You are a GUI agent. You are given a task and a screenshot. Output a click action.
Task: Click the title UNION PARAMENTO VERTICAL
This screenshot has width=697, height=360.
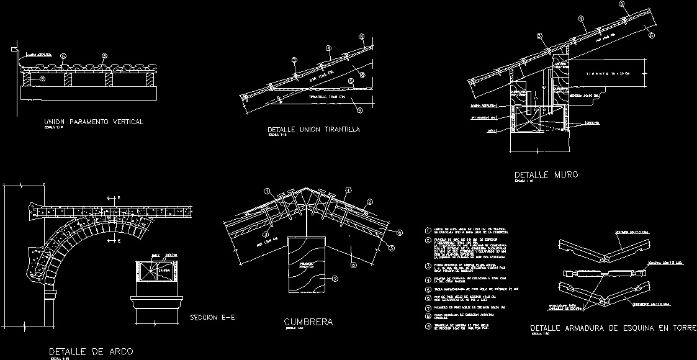[x=94, y=122]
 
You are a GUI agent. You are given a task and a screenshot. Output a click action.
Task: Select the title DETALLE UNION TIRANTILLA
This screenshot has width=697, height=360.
[x=313, y=130]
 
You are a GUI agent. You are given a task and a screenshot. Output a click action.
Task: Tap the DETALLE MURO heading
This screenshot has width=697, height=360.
[x=546, y=175]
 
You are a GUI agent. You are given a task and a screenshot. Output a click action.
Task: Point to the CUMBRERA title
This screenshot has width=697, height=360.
[x=308, y=322]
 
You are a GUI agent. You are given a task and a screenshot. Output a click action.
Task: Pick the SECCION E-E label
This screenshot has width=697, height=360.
[x=212, y=318]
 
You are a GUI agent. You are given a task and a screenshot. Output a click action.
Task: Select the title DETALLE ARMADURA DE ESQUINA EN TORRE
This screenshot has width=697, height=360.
[x=613, y=328]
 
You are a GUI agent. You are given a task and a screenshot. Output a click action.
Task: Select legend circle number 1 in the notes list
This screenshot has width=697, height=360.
[x=428, y=231]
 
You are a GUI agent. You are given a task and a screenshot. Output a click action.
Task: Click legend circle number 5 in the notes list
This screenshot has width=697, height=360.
[x=428, y=289]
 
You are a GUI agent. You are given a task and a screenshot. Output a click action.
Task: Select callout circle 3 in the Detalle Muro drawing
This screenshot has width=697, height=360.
[x=540, y=35]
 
